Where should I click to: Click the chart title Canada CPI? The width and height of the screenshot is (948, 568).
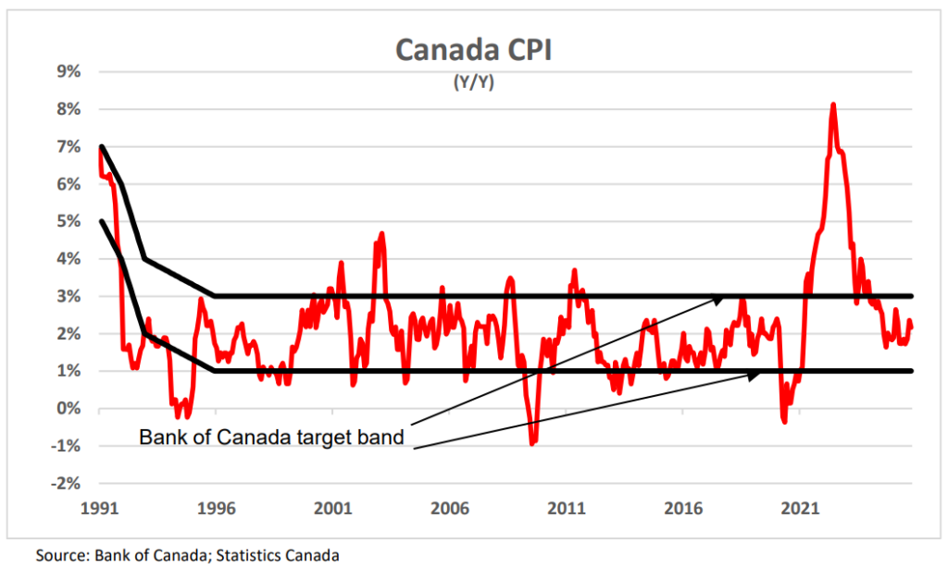pyautogui.click(x=473, y=50)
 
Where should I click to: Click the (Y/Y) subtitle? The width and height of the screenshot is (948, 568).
pyautogui.click(x=473, y=81)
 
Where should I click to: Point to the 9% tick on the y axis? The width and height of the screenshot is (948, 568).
pyautogui.click(x=69, y=71)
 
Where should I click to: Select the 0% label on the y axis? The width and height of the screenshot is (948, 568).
pyautogui.click(x=69, y=409)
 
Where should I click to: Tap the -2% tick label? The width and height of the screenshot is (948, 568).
pyautogui.click(x=66, y=484)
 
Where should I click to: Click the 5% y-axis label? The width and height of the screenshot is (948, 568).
pyautogui.click(x=69, y=221)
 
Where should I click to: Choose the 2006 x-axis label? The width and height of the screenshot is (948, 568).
pyautogui.click(x=449, y=508)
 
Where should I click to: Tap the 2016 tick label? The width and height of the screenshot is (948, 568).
pyautogui.click(x=683, y=508)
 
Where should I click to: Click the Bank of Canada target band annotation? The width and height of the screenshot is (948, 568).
pyautogui.click(x=271, y=437)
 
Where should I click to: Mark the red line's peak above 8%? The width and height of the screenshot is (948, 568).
pyautogui.click(x=833, y=105)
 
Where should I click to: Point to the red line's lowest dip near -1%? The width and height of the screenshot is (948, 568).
pyautogui.click(x=532, y=444)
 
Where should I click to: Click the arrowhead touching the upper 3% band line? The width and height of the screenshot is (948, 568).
pyautogui.click(x=720, y=298)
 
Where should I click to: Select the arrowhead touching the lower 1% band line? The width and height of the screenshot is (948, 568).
pyautogui.click(x=756, y=373)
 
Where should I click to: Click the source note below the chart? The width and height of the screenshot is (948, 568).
pyautogui.click(x=188, y=555)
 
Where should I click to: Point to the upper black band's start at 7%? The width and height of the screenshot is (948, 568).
pyautogui.click(x=100, y=146)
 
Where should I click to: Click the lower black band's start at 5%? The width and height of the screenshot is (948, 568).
pyautogui.click(x=100, y=221)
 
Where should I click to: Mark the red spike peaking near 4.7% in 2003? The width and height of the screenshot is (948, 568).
pyautogui.click(x=381, y=233)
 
